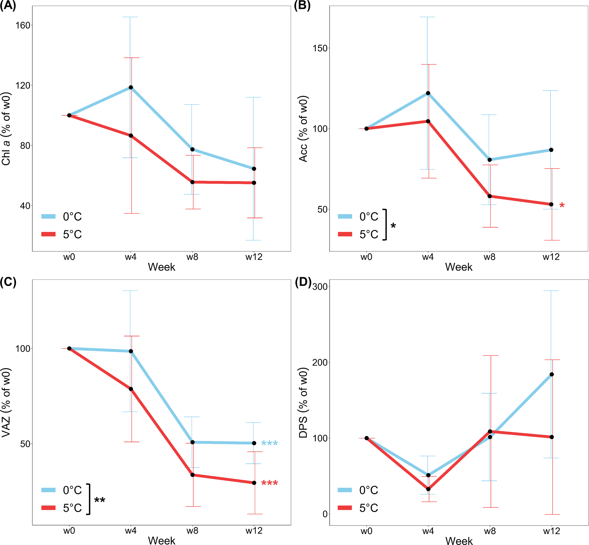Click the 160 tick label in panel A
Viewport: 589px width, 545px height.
pos(23,25)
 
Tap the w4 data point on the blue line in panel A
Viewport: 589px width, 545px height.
pos(131,87)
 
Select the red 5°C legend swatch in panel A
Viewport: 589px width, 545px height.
pos(48,234)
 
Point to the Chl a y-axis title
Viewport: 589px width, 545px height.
pos(6,129)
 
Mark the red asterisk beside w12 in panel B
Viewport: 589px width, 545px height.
pos(562,205)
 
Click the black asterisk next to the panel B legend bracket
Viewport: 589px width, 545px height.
pos(393,226)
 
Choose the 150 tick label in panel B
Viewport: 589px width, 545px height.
pos(320,48)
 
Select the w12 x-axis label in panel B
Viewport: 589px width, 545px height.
pos(551,257)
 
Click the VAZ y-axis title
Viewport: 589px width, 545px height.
pos(6,403)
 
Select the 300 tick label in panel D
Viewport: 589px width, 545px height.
pos(320,287)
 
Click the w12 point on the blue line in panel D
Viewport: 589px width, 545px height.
pos(552,374)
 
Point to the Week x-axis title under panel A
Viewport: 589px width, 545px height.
pos(161,267)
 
